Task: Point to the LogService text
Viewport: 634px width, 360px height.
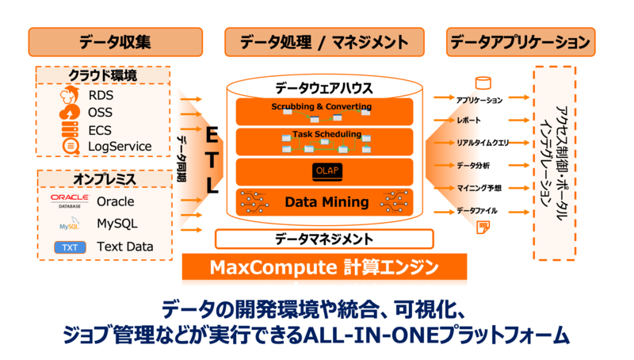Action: coord(120,146)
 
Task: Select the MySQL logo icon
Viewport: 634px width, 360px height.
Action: coord(69,225)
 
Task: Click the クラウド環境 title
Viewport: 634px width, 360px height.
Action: coord(102,76)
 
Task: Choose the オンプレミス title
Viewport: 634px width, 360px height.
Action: coord(104,179)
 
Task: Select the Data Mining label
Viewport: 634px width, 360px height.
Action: coord(327,202)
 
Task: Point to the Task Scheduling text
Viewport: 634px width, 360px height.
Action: coord(327,134)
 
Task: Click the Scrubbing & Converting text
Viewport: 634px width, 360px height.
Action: coord(321,105)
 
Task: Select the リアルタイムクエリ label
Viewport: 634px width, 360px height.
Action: coord(483,143)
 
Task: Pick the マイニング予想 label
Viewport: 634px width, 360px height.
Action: coord(479,188)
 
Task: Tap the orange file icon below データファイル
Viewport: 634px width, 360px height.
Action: coord(481,227)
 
